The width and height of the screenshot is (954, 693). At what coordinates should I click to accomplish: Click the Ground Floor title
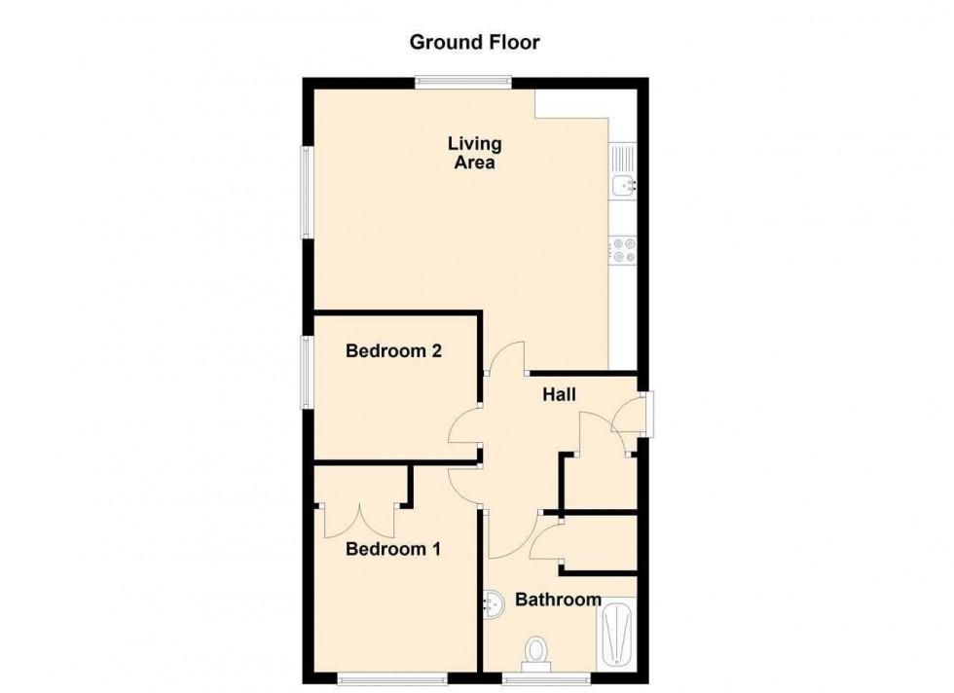(x=474, y=42)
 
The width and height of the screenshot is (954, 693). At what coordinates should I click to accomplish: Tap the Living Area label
(x=475, y=154)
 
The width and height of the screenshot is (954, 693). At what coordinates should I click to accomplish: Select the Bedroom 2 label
(x=394, y=351)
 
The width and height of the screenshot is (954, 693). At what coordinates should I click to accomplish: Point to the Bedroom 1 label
(x=393, y=550)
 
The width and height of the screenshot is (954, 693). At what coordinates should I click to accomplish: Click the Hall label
(x=560, y=395)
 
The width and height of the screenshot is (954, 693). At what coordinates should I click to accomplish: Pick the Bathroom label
(x=558, y=600)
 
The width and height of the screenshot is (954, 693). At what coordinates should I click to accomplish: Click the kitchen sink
(x=623, y=171)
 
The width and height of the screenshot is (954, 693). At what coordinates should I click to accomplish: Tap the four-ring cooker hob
(x=623, y=250)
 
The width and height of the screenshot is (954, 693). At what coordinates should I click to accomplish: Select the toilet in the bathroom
(x=535, y=652)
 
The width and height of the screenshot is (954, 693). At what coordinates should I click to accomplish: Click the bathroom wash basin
(x=495, y=604)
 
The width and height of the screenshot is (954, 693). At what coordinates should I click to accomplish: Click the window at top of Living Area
(x=463, y=83)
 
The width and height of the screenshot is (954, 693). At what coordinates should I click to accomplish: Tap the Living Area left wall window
(x=307, y=193)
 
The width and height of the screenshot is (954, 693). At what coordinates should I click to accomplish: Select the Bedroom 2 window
(x=307, y=373)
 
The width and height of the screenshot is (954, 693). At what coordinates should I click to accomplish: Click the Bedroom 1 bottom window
(x=392, y=676)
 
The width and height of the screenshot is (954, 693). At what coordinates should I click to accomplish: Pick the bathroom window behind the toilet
(x=546, y=676)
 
